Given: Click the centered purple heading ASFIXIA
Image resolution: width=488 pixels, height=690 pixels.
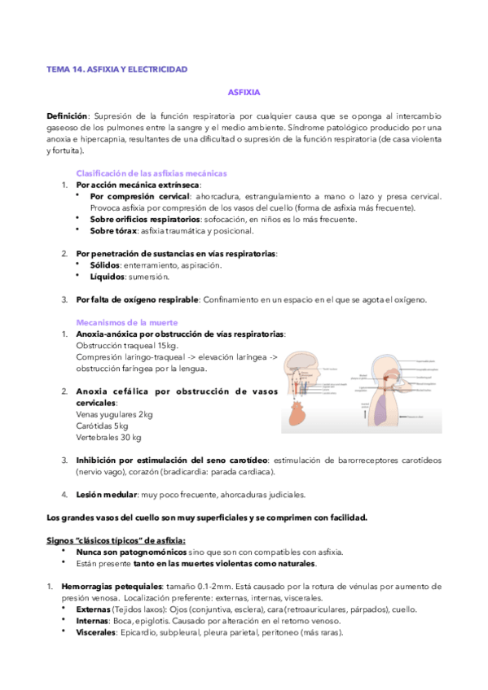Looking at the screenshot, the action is pyautogui.click(x=244, y=93).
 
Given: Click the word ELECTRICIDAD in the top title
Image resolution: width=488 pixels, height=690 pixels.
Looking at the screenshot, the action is pyautogui.click(x=158, y=69).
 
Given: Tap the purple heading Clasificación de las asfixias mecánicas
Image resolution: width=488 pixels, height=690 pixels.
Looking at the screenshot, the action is pyautogui.click(x=151, y=173).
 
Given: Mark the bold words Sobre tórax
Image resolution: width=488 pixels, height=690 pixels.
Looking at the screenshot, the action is pyautogui.click(x=113, y=230).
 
